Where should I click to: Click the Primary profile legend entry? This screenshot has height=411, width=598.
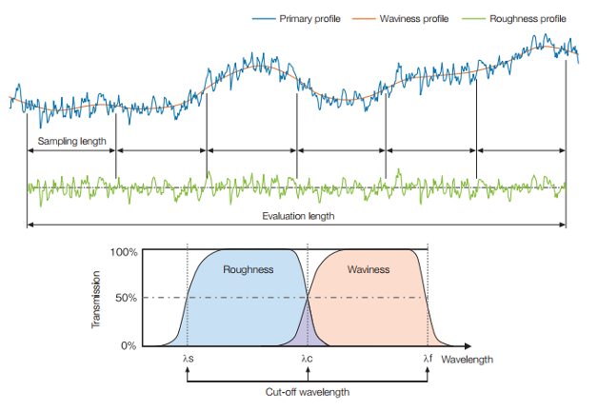point(309,18)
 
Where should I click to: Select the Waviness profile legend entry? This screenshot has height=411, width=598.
point(414,18)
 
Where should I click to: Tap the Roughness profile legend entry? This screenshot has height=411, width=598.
point(527,18)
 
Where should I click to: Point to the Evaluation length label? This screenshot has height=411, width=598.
point(298,216)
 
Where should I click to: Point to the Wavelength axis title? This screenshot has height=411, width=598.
point(468,360)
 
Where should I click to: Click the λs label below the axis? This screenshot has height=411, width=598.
point(188,359)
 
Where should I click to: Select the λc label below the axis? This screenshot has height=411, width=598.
point(308,359)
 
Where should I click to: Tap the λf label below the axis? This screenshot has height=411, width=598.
point(428,359)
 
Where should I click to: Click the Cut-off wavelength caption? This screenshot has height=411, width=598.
point(308,391)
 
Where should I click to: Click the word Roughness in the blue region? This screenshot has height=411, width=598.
point(248,269)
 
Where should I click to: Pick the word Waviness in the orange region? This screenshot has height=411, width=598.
point(369,269)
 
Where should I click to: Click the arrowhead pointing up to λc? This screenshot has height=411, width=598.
point(308,370)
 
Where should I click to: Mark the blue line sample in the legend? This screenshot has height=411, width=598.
point(264,18)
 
